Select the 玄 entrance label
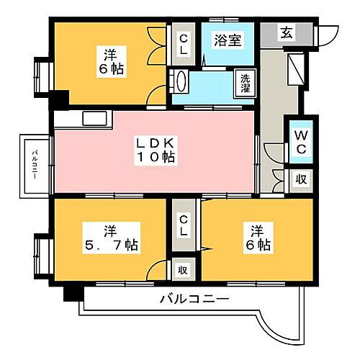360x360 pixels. pyautogui.click(x=287, y=32)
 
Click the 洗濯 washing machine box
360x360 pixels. pyautogui.click(x=246, y=83)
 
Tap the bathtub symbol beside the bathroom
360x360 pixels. pyautogui.click(x=180, y=81)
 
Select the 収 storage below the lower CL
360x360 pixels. pyautogui.click(x=184, y=270)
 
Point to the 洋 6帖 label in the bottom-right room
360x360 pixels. pyautogui.click(x=257, y=239)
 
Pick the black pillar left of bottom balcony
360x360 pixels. pyautogui.click(x=71, y=294)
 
